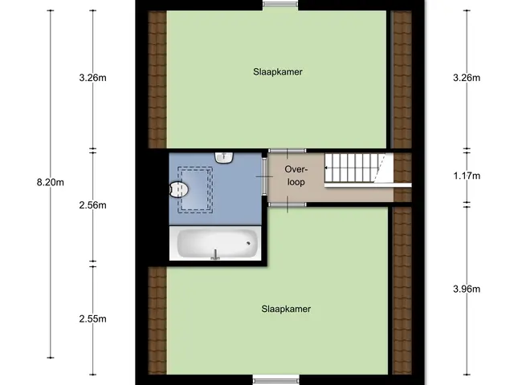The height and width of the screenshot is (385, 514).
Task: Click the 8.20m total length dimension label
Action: [50, 182]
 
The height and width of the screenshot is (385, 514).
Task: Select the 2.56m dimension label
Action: [93, 205]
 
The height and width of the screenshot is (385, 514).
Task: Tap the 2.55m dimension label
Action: [93, 319]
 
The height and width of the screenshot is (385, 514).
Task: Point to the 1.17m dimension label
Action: [467, 176]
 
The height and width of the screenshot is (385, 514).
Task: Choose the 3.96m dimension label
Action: [467, 289]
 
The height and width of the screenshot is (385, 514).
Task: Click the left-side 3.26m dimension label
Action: [93, 78]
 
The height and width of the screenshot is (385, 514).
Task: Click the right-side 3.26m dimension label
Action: [467, 78]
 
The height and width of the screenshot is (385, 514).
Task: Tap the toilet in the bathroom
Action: [178, 189]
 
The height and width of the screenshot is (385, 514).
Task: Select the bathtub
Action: [217, 244]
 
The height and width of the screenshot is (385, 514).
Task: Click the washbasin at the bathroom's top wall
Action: [224, 157]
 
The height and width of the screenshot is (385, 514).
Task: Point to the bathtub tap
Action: [215, 255]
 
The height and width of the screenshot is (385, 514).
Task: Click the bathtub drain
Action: [248, 243]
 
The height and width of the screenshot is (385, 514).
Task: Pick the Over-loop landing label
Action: [296, 176]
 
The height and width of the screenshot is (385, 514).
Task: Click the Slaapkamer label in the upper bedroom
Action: [278, 72]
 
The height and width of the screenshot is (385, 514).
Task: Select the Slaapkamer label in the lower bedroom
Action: [286, 309]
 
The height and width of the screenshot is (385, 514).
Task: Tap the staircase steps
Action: [355, 168]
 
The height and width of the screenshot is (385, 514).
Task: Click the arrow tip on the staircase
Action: [325, 168]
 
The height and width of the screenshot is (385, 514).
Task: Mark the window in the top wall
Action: [280, 4]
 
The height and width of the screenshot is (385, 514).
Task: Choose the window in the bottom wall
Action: [276, 381]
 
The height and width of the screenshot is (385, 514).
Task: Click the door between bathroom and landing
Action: [264, 176]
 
